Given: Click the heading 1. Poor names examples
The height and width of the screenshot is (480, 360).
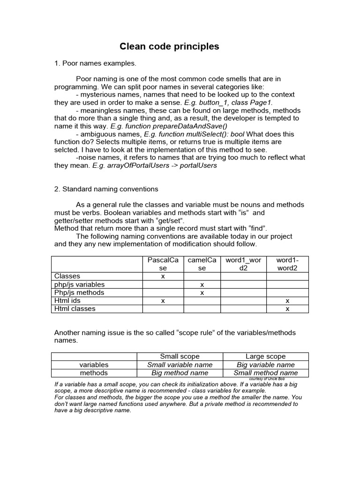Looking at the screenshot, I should (x=95, y=63).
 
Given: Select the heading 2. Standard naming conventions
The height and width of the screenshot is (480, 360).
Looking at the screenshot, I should (x=106, y=189).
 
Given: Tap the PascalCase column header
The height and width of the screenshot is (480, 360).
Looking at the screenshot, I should (x=163, y=264).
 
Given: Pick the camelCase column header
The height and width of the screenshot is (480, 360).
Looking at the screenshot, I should (x=202, y=264).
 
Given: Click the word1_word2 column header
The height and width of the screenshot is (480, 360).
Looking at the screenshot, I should (x=243, y=264).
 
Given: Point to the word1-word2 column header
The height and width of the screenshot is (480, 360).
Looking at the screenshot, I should (x=287, y=264).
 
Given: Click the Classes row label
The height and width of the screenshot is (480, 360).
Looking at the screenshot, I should (x=67, y=277).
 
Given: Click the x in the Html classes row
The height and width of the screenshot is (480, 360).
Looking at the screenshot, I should (x=287, y=309).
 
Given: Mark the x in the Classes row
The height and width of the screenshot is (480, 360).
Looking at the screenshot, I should (x=163, y=277).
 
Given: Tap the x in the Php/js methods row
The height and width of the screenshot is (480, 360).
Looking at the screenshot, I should (x=202, y=292).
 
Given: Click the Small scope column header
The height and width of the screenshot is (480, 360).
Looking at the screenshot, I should (x=180, y=356).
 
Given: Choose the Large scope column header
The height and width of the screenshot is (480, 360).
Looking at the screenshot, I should (x=265, y=356).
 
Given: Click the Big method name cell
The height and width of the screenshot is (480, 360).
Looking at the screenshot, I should (x=180, y=373).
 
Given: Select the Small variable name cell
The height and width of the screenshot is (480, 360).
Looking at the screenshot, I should (x=180, y=365).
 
